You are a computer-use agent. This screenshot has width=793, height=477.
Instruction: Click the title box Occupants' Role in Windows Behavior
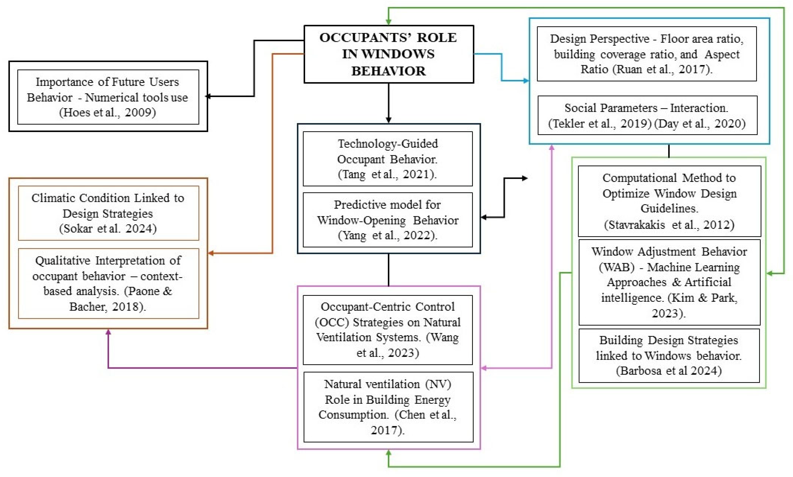[x=389, y=54]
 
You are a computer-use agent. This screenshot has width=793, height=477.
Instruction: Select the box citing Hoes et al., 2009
[x=108, y=97]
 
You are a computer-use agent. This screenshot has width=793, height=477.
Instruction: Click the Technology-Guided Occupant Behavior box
[x=388, y=158]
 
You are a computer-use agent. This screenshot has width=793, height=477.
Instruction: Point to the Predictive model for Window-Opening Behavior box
[x=388, y=220]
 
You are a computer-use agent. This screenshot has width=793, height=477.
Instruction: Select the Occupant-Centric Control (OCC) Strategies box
[x=388, y=330]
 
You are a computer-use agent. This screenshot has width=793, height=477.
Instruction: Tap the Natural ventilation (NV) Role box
[x=388, y=407]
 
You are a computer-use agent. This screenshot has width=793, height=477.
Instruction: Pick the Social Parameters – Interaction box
[x=647, y=115]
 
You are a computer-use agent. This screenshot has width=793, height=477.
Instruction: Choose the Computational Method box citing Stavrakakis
[x=669, y=201]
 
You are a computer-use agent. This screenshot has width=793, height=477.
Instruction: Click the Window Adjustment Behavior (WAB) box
[x=669, y=282]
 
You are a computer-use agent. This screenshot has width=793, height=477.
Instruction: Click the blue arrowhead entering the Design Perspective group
[x=526, y=81]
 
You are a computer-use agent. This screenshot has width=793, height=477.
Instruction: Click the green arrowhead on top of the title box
[x=389, y=22]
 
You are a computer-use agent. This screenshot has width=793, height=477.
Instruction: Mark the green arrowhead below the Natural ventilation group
[x=389, y=453]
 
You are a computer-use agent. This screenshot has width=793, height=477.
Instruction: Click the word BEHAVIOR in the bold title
[x=388, y=71]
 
